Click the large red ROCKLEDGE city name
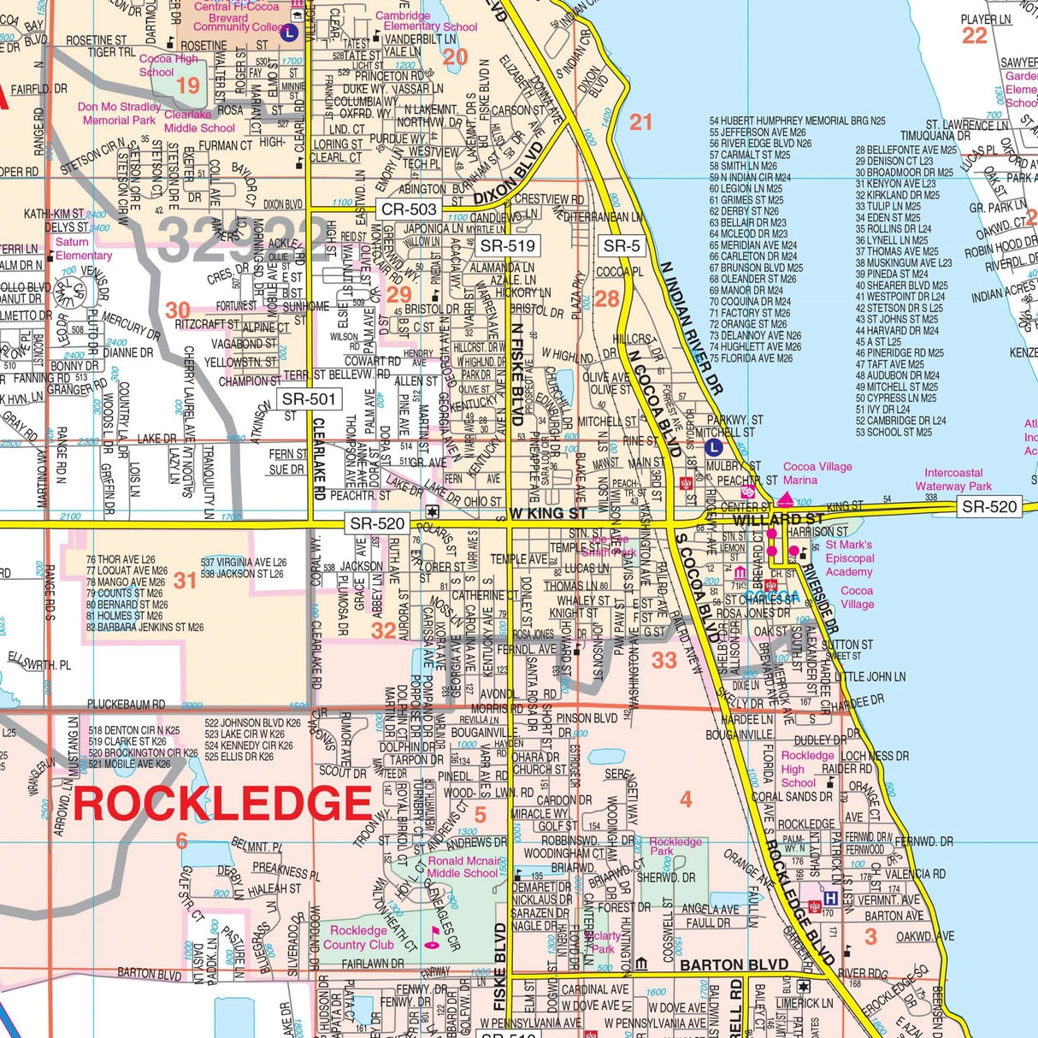point(222,805)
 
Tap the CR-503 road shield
point(409,209)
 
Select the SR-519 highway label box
point(508,246)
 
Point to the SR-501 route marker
point(310,399)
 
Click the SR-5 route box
point(622,246)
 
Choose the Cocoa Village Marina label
point(817,473)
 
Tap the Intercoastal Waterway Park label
point(958,479)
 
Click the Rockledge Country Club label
point(358,937)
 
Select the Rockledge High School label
point(806,769)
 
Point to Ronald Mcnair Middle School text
point(463,867)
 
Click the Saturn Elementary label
point(83,249)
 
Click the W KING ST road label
point(548,514)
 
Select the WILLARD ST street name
point(778,519)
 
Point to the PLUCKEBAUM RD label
point(126,705)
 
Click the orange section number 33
point(664,660)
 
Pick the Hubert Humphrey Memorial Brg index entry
point(797,121)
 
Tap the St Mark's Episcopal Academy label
point(849,558)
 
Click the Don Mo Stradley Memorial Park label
point(119,114)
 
